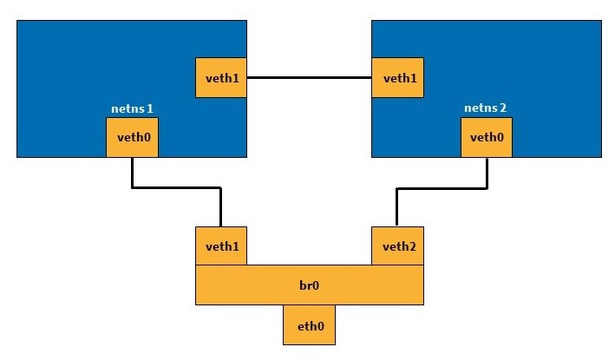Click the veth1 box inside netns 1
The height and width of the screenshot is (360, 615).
[x=222, y=78]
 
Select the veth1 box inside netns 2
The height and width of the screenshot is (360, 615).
[x=398, y=78]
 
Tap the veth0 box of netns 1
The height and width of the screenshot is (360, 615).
[x=132, y=137]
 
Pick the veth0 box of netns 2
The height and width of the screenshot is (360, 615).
[x=487, y=137]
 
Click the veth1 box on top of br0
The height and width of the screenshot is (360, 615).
[x=222, y=246]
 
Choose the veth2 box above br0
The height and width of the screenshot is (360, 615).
[x=398, y=246]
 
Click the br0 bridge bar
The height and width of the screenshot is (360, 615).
[x=310, y=285]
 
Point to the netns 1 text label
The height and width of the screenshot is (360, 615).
[x=133, y=109]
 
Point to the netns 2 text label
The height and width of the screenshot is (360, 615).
[x=486, y=108]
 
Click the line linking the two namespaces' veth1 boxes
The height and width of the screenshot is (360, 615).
[x=310, y=78]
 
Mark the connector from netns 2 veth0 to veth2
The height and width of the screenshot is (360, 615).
[x=442, y=187]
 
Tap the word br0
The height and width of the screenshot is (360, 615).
[x=310, y=285]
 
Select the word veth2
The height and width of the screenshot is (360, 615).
[x=398, y=246]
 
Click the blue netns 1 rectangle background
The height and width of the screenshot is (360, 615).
[x=87, y=69]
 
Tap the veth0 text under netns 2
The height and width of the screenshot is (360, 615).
[x=487, y=137]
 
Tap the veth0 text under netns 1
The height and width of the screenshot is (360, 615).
[x=132, y=137]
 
